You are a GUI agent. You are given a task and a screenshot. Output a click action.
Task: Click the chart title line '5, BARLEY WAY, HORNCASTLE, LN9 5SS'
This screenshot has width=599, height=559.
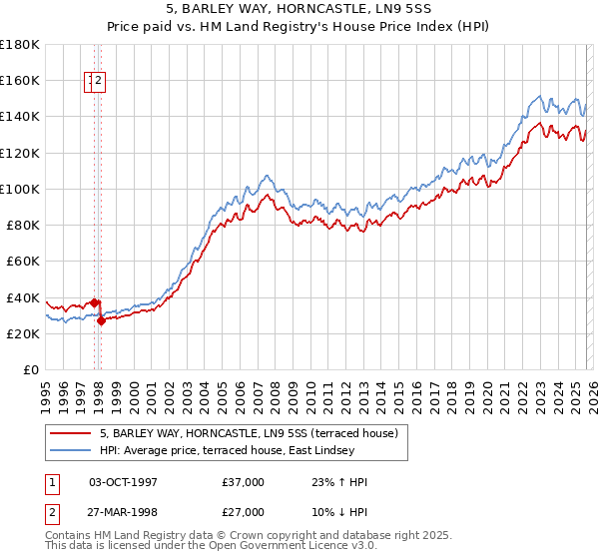point(299,8)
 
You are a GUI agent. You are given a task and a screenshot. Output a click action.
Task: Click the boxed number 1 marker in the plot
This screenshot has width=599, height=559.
point(91,83)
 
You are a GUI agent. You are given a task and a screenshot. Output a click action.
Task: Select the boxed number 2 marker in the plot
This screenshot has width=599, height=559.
point(101,83)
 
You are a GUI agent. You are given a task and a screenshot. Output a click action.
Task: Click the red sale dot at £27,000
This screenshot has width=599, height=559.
point(102,321)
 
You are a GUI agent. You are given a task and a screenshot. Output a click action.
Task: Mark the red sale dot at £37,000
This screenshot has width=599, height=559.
point(94,302)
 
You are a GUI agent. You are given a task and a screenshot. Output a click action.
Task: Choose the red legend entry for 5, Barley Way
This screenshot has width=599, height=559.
point(249,433)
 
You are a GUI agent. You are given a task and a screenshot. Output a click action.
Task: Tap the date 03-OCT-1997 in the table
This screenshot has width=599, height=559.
point(123,482)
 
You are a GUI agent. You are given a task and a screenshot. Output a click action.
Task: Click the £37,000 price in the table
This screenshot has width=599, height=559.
point(244,482)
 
